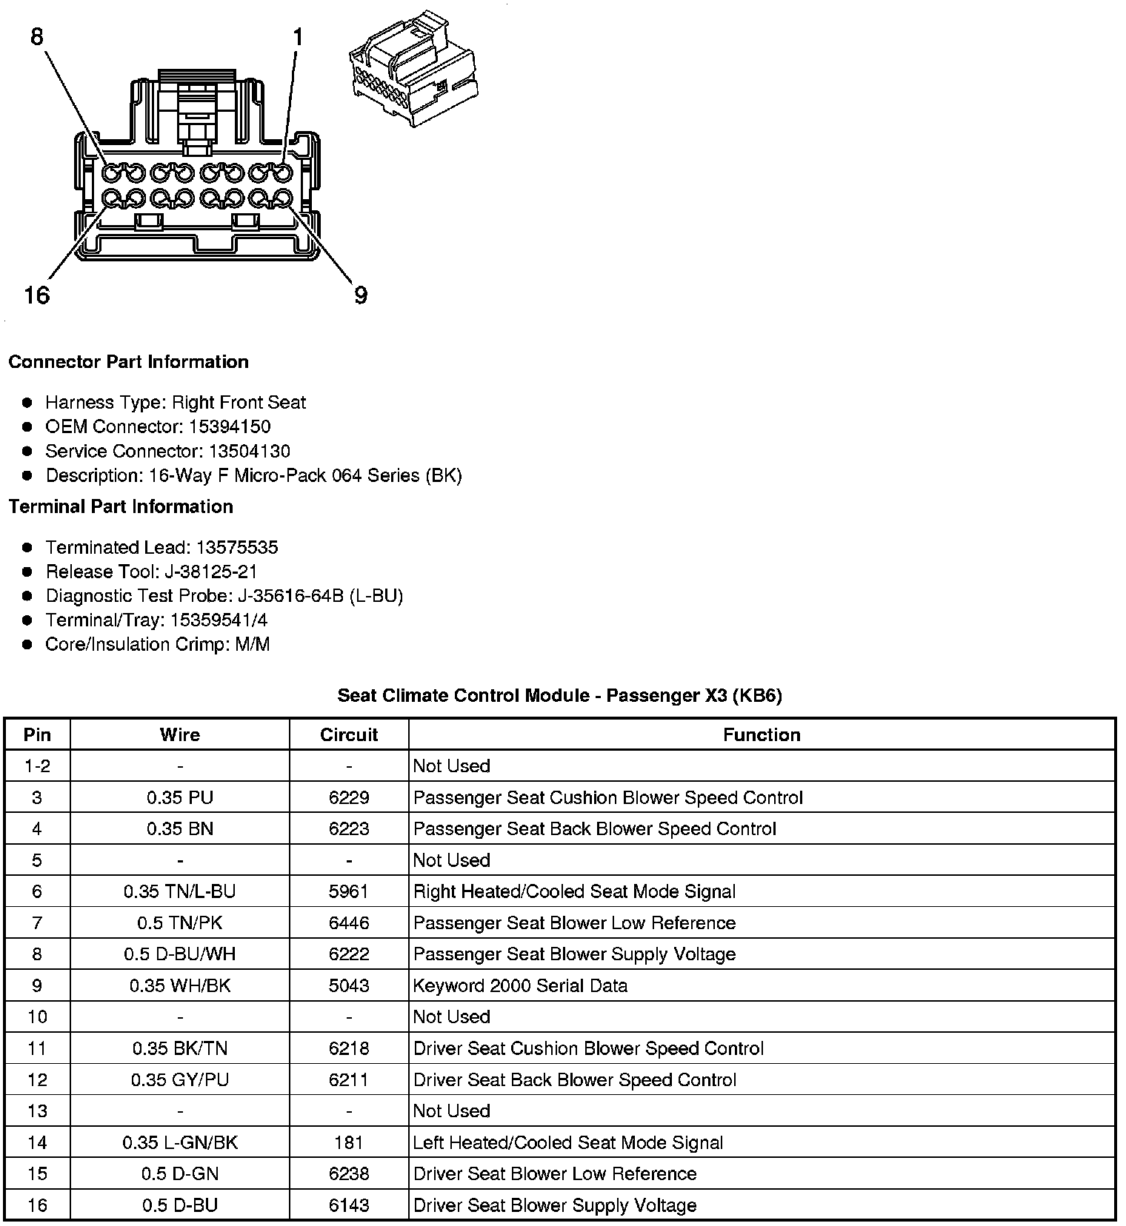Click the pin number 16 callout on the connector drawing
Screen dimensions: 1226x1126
[36, 295]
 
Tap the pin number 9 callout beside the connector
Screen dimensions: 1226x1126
[360, 295]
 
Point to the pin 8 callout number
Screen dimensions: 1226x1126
[37, 36]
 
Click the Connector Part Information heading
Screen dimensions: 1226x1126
[128, 362]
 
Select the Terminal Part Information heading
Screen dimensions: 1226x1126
[121, 506]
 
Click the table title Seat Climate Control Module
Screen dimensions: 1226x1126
[559, 695]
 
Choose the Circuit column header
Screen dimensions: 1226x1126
[349, 734]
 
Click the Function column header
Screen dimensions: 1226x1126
[762, 734]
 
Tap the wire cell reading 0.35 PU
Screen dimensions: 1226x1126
[180, 797]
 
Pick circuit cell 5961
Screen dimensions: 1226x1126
[349, 891]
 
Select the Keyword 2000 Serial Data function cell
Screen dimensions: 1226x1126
[520, 985]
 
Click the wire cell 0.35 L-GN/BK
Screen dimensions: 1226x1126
[180, 1142]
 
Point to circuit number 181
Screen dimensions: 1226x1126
[349, 1142]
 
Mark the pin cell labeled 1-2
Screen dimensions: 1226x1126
[37, 766]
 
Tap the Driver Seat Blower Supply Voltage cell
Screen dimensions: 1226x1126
[555, 1205]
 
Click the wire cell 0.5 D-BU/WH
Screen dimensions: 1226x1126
[180, 954]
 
